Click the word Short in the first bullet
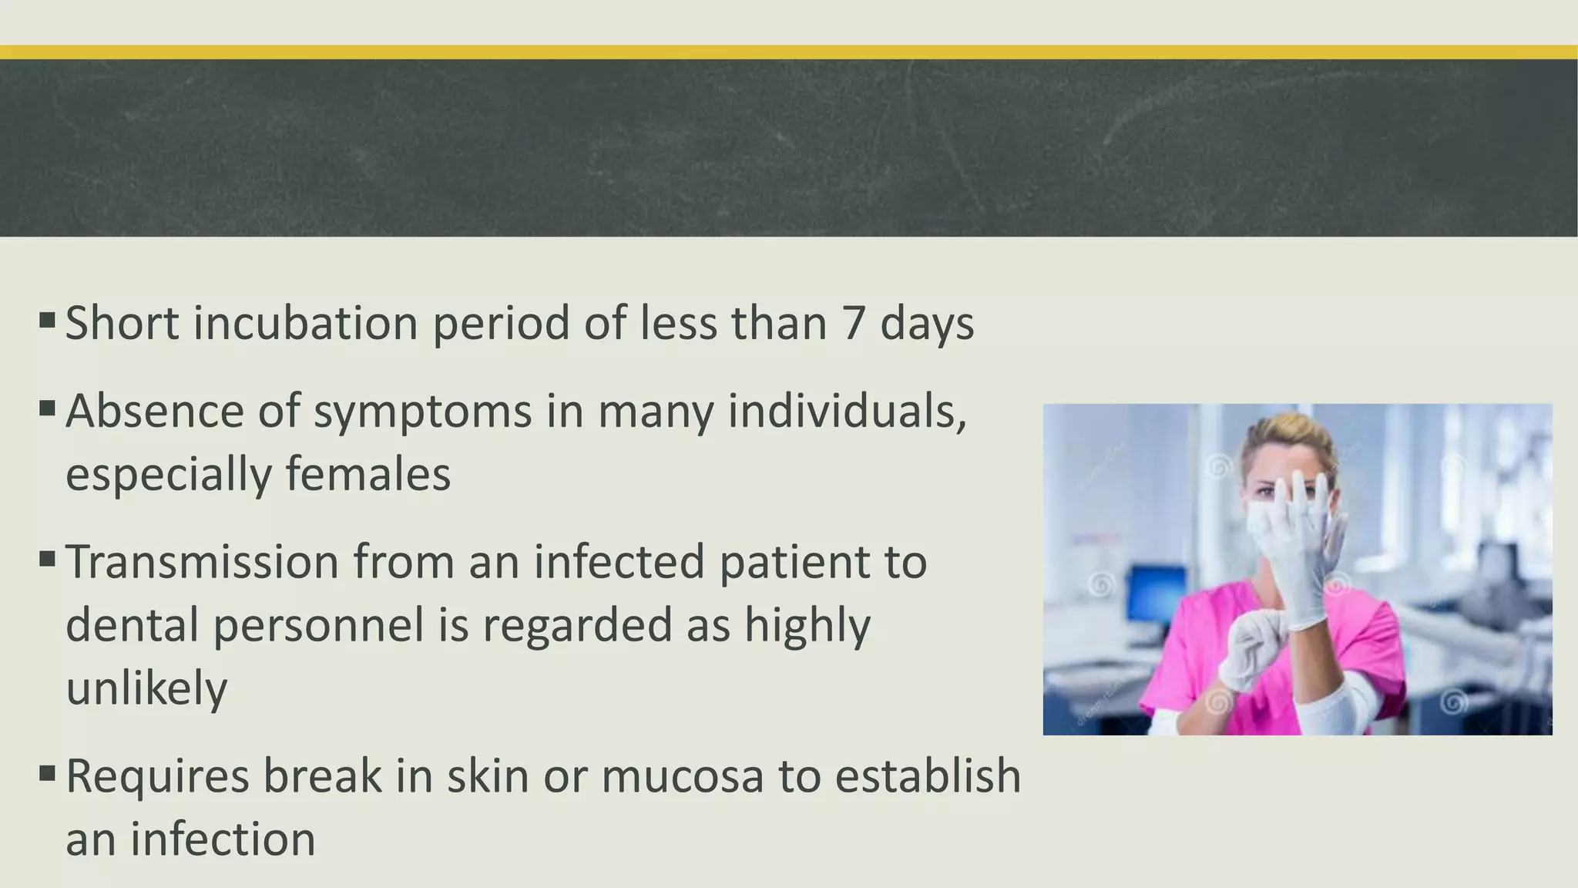tap(123, 323)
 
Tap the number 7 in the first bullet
tap(853, 323)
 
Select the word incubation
tap(305, 323)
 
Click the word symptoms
tap(422, 412)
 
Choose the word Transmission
tap(202, 562)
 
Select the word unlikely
tap(146, 688)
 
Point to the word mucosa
tap(682, 776)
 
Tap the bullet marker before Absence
tap(46, 406)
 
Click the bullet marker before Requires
tap(46, 771)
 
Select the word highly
tap(807, 625)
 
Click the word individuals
tap(847, 412)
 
